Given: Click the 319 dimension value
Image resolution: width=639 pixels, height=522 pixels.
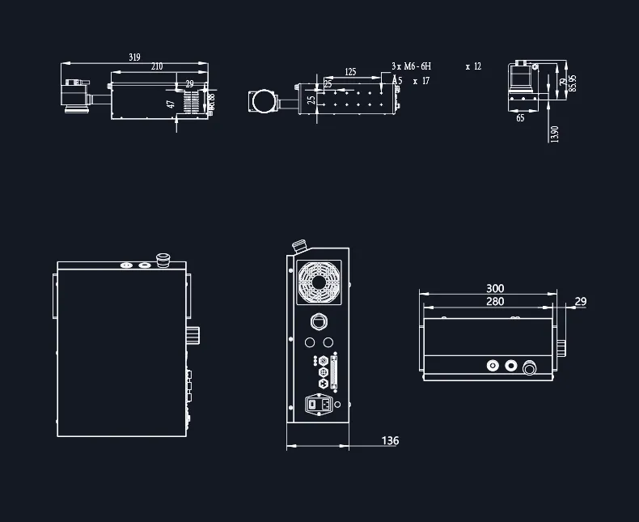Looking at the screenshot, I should click(134, 57).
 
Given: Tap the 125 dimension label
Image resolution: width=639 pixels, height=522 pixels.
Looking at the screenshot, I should click(350, 72).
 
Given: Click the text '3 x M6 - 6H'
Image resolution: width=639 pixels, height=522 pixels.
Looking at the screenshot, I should click(412, 66).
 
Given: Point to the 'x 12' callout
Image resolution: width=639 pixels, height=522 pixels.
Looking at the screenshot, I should click(473, 66).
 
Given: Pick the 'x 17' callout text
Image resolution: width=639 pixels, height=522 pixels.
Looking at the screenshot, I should click(421, 81).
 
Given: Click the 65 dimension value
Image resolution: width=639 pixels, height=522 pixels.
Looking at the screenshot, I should click(520, 118).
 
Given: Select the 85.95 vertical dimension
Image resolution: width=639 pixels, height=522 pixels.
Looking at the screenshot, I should click(573, 83).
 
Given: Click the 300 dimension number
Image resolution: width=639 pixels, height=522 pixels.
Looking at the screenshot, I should click(495, 289).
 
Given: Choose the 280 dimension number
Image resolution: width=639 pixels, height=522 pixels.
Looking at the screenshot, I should click(495, 302).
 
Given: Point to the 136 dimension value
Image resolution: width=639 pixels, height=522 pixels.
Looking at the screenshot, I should click(390, 441).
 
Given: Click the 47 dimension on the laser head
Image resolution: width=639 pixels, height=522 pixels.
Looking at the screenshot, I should click(171, 104).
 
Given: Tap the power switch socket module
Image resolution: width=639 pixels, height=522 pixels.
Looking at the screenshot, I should click(319, 403).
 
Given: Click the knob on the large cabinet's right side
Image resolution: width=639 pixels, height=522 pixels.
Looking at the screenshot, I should click(193, 334).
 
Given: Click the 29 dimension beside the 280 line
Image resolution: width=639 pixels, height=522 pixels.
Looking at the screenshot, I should click(580, 302).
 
